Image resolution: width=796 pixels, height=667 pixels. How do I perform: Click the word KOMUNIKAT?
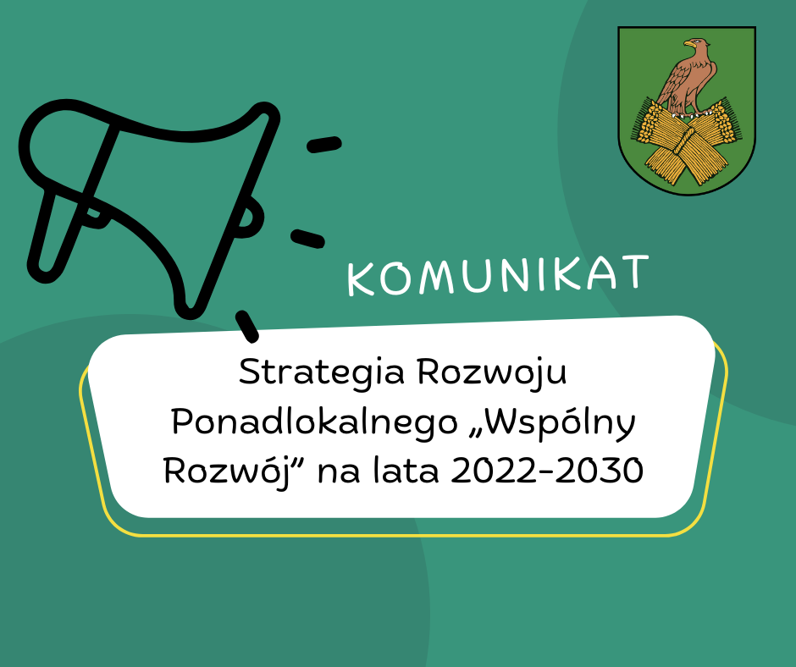click(498, 275)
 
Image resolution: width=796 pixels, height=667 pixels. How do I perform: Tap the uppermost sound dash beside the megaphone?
click(324, 145)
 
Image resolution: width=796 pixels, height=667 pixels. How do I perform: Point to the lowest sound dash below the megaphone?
click(246, 326)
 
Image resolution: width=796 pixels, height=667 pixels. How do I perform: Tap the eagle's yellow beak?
click(687, 44)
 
